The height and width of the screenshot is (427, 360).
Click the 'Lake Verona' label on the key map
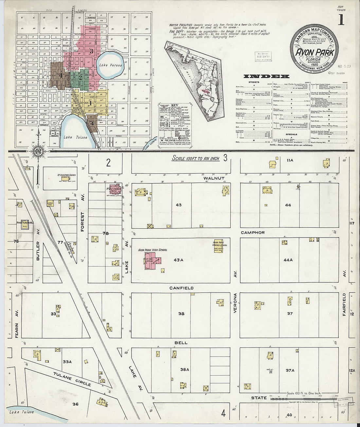[x=111, y=65]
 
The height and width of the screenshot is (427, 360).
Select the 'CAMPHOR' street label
[x=253, y=233]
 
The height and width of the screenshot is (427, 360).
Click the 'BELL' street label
[x=181, y=343]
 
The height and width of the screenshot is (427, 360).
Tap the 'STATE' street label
[x=259, y=398]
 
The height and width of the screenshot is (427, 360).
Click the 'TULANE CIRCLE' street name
[x=72, y=379]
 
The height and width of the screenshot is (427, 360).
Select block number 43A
[x=178, y=260]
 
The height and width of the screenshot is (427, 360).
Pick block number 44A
[x=288, y=260]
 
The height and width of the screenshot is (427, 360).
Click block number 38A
[x=185, y=369]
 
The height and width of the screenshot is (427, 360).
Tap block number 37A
[x=290, y=370]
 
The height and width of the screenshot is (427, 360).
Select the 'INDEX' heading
[x=266, y=76]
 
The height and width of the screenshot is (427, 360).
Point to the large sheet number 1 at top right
[x=341, y=20]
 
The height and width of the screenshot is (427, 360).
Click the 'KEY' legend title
[x=174, y=106]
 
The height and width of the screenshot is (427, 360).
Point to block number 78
[x=105, y=234]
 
